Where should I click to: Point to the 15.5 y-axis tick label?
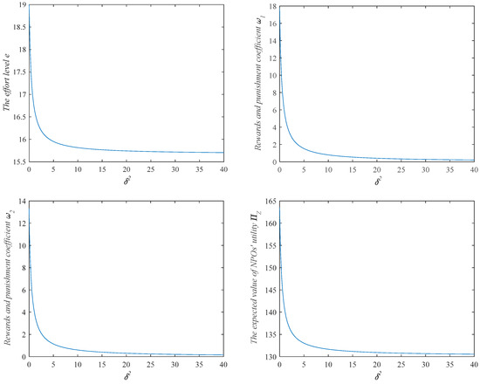pyautogui.click(x=19, y=162)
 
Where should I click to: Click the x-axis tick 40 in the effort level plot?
pyautogui.click(x=223, y=170)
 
